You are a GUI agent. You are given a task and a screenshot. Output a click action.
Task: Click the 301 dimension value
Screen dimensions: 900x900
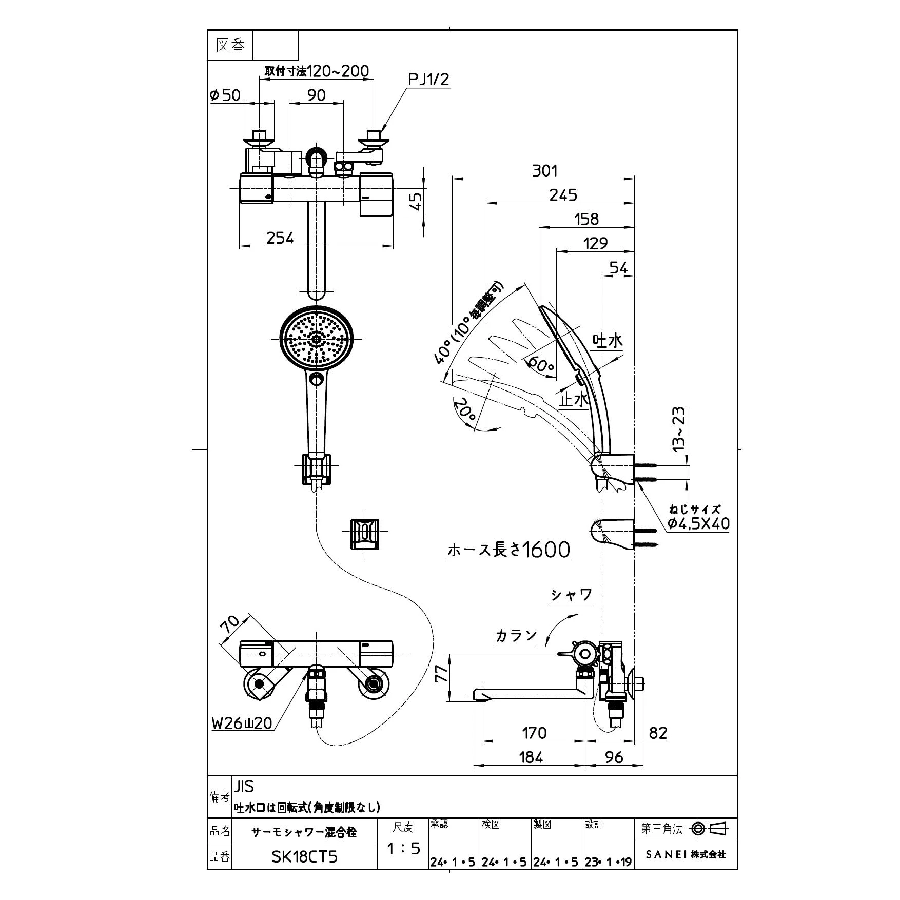point(544,171)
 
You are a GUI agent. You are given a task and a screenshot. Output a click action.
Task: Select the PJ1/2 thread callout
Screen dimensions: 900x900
point(429,80)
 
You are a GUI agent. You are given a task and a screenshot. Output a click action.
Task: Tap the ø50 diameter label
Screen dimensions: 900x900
point(225,95)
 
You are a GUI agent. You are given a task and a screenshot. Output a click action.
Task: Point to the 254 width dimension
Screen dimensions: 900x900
point(280,238)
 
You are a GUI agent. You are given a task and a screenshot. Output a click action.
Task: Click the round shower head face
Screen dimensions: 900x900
point(316,338)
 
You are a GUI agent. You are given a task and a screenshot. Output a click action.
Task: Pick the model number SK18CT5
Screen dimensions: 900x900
point(304,856)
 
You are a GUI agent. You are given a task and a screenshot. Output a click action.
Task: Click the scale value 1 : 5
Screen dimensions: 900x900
point(403,849)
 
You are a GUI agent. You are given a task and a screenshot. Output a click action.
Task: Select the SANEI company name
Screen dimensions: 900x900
point(686,854)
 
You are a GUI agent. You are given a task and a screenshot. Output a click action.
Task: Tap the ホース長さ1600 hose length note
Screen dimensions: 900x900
point(508,550)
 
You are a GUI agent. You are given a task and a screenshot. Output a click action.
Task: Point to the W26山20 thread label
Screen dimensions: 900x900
point(242,723)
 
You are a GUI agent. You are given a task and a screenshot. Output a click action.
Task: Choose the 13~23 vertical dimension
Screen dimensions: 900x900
point(678,429)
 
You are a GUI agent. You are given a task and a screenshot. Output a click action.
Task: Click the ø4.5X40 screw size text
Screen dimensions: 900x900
point(698,523)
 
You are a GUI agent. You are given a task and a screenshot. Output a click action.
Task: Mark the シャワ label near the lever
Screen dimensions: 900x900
point(572,595)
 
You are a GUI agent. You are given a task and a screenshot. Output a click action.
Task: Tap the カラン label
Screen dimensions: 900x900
point(516,636)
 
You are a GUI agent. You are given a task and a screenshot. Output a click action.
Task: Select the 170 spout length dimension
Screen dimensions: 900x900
point(534,733)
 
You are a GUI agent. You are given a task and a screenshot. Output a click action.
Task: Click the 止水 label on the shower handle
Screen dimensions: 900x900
point(574,400)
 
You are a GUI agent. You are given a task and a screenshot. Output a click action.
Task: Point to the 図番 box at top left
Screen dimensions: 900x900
point(231,46)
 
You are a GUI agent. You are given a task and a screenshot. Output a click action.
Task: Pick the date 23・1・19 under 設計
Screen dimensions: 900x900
point(608,863)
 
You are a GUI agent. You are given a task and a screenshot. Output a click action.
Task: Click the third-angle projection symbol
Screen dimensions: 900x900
point(710,828)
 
